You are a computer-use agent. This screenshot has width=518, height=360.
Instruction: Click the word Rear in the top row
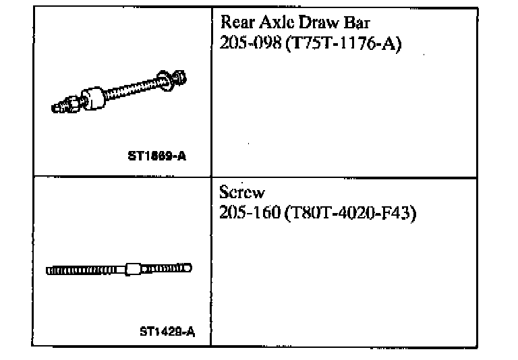pos(237,22)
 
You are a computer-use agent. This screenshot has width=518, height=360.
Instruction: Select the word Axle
pos(277,22)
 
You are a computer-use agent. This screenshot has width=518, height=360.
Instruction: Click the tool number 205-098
pos(250,44)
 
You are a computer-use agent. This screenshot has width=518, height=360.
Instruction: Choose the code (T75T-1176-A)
pos(344,44)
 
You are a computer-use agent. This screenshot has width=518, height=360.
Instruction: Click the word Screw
pos(242,192)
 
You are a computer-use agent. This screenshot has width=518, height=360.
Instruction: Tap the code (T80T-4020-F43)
pos(349,214)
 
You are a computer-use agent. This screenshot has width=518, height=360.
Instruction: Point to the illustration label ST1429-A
pos(167,331)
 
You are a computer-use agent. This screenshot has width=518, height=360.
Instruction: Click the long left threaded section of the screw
pos(81,270)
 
